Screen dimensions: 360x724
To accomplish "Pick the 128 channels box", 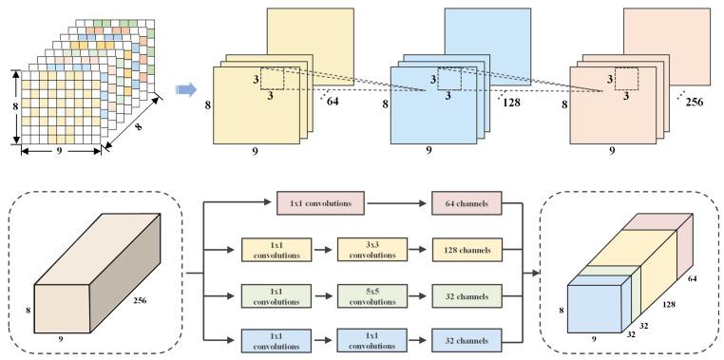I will (x=466, y=249).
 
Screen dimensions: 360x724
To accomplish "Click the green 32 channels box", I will (x=466, y=294).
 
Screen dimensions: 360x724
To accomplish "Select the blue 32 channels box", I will (x=466, y=339).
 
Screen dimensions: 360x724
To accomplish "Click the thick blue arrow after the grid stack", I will (x=186, y=90).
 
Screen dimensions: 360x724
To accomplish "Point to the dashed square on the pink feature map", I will (x=628, y=79).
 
